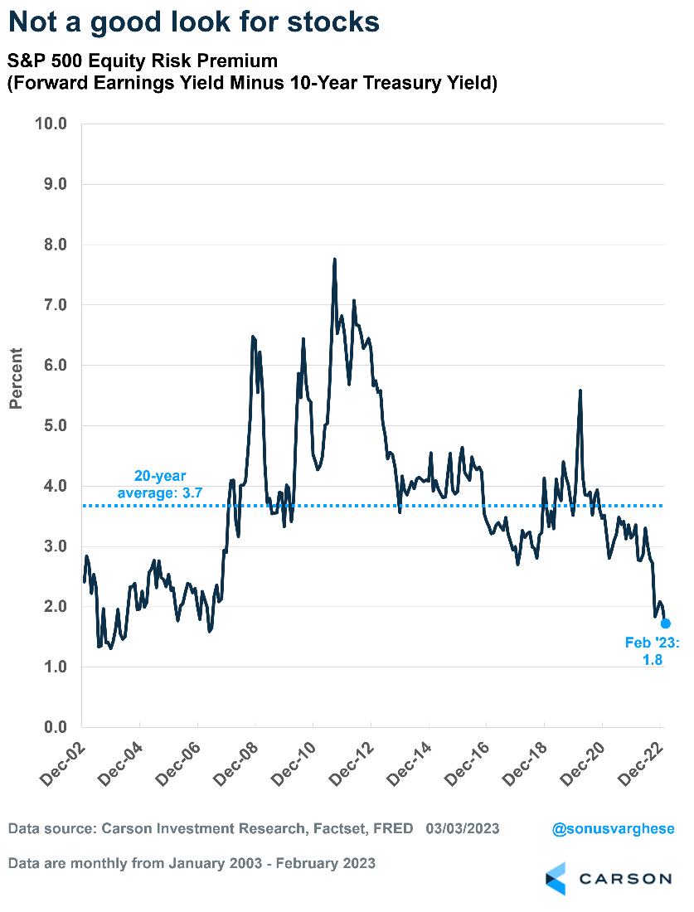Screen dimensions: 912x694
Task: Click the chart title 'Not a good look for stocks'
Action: click(195, 22)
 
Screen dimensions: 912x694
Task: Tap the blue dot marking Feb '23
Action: click(665, 623)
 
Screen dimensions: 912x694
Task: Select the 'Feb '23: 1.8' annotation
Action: click(644, 651)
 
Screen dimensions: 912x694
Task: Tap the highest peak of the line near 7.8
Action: click(334, 260)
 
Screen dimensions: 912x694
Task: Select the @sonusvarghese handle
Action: click(610, 828)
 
